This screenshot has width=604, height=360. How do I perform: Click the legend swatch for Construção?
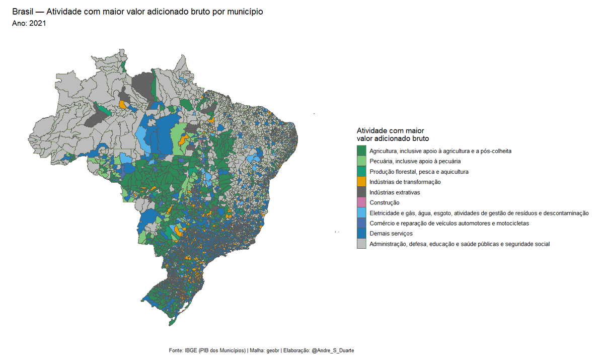[x=361, y=202]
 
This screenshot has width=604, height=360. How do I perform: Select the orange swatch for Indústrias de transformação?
[x=361, y=182]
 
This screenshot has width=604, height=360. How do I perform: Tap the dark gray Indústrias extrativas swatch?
[x=361, y=192]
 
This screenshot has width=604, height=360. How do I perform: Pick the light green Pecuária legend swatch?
[x=361, y=161]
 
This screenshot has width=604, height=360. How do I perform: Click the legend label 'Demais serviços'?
[x=391, y=234]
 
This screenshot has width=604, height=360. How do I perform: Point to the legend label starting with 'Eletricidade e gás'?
[x=479, y=213]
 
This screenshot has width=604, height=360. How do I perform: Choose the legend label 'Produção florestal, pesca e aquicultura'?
[x=419, y=172]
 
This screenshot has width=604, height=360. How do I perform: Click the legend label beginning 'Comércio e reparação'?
[x=449, y=223]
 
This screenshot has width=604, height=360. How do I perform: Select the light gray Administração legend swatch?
[x=361, y=244]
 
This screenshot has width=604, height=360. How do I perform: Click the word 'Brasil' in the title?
[x=23, y=12]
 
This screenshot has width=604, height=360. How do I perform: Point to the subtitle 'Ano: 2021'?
[x=29, y=23]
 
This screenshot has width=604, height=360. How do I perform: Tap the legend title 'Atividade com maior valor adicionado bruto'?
[x=393, y=134]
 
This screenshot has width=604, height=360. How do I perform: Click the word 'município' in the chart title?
[x=245, y=12]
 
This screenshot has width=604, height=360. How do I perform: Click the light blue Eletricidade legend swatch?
[x=361, y=213]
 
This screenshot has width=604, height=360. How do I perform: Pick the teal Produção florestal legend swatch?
[x=361, y=172]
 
